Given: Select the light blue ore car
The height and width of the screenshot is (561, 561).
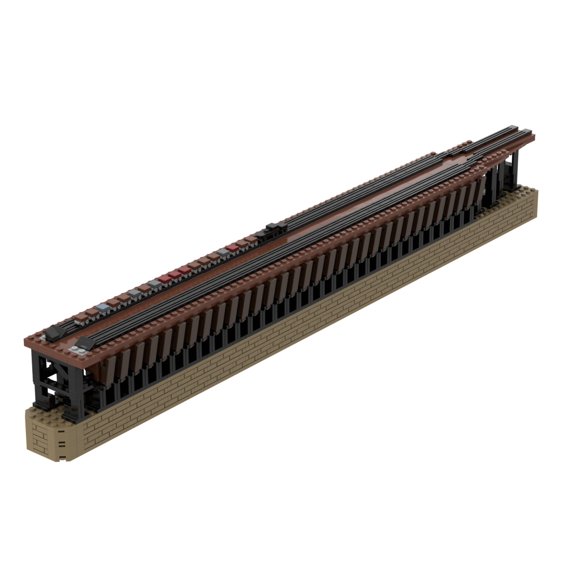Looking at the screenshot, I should [103, 308].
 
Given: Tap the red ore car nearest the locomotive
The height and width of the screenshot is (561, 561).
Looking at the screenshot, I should [232, 249].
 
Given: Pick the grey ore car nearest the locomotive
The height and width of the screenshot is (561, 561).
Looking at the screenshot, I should [223, 252].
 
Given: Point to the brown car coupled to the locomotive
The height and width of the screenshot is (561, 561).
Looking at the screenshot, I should [251, 239].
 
